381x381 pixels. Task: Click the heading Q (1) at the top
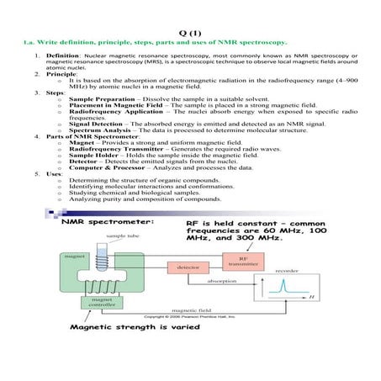[190, 29]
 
